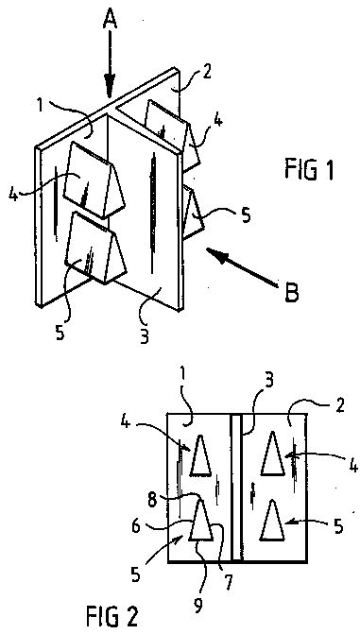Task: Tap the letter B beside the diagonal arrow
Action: [290, 293]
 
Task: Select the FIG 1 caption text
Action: [308, 170]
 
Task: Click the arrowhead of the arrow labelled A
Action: [110, 87]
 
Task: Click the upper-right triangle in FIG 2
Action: [273, 454]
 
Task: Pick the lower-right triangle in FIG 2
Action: [272, 521]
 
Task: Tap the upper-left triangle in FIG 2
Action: [200, 454]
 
